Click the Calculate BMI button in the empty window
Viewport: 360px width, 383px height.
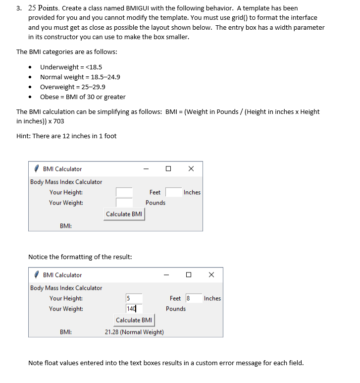pos(124,214)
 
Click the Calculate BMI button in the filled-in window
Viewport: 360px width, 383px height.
pos(134,320)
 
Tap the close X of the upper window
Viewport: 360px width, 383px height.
pos(191,169)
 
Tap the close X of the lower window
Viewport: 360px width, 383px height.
pos(211,274)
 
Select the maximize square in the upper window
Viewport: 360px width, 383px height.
pos(168,169)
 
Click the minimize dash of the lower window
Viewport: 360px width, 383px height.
pos(166,275)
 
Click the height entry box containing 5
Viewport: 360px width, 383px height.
pos(134,298)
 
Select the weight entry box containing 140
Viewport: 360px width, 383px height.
pos(134,309)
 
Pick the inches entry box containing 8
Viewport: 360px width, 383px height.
pos(194,298)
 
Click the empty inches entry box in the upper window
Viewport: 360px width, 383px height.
pos(173,192)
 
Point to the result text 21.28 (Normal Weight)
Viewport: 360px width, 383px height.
pos(134,332)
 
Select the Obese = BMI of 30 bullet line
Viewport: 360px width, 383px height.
pos(83,97)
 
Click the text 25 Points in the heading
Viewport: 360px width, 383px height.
pos(43,8)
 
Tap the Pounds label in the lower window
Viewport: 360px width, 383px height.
pos(176,309)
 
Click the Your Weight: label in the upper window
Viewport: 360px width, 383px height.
pos(66,203)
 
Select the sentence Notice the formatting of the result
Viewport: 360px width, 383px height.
pos(80,257)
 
